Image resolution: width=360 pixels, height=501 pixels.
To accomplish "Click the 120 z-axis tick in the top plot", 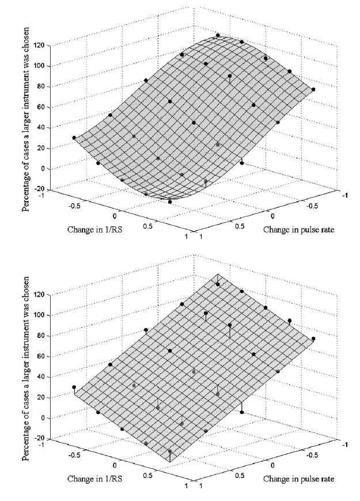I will tap(39, 45).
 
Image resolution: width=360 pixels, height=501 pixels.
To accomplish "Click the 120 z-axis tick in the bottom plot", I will tap(39, 294).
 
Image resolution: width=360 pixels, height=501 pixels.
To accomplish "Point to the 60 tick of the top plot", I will tap(41, 107).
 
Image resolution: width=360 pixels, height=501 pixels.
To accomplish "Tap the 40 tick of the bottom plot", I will tap(41, 377).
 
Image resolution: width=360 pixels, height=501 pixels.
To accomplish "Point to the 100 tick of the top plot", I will tap(39, 66).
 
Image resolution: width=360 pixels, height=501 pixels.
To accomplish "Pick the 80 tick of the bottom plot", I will tap(41, 336).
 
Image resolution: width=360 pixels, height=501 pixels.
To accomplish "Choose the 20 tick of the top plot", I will tap(41, 148).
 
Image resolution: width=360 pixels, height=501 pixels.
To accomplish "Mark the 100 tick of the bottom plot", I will tap(39, 315).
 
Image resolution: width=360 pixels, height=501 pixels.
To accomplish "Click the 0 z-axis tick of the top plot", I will tap(43, 169).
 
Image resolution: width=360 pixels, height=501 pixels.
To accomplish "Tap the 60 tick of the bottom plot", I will tap(41, 356).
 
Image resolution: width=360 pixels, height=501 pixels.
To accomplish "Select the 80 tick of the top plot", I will tap(41, 86).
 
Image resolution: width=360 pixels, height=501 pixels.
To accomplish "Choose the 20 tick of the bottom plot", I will tap(41, 397).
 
